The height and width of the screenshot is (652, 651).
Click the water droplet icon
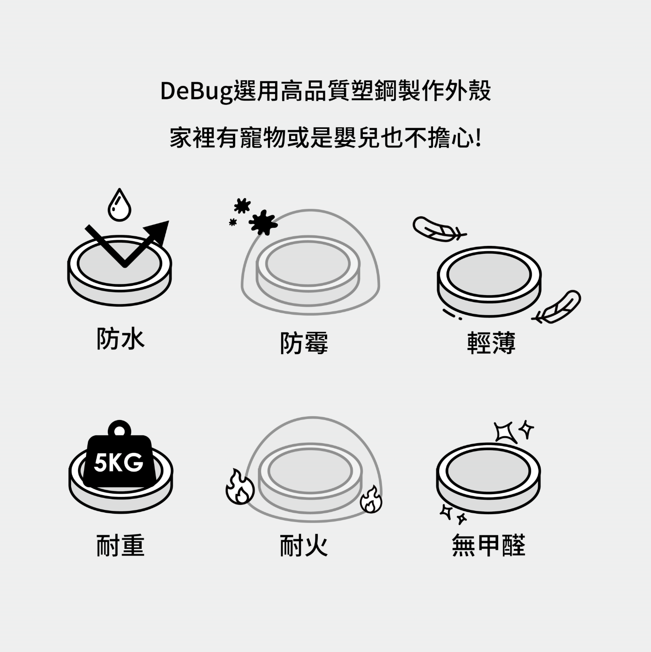click(119, 205)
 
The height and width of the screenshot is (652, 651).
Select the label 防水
click(121, 338)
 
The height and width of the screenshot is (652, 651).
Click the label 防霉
click(304, 343)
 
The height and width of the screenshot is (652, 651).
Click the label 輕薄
click(491, 343)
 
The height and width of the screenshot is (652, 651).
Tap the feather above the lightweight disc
click(438, 229)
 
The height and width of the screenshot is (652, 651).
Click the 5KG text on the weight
click(118, 463)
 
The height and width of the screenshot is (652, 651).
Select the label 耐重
click(121, 545)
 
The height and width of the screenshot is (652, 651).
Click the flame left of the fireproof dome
click(240, 486)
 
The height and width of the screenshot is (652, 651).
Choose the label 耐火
click(304, 545)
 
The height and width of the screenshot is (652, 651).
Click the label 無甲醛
click(488, 545)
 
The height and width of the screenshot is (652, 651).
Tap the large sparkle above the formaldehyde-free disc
click(506, 433)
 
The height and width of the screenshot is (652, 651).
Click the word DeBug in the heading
click(196, 91)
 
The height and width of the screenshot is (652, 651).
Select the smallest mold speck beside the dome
click(232, 222)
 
